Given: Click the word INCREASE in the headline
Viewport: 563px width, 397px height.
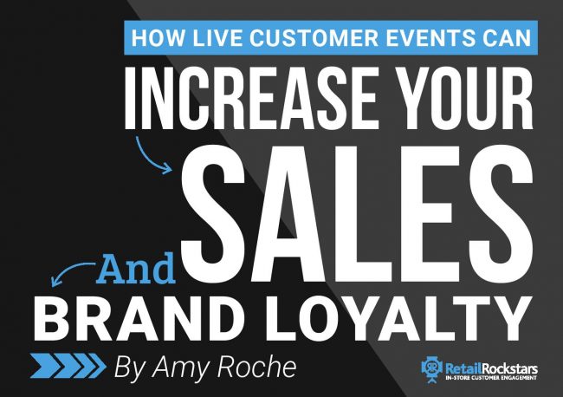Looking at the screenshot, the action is pos(250,98).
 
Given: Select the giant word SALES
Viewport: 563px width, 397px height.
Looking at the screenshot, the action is pos(356,213).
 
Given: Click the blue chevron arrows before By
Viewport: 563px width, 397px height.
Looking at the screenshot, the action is pos(68,366).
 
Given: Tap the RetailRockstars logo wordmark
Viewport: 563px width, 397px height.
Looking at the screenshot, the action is pos(491,369).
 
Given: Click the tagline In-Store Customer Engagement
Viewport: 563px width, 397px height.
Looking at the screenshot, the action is pos(491,378).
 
